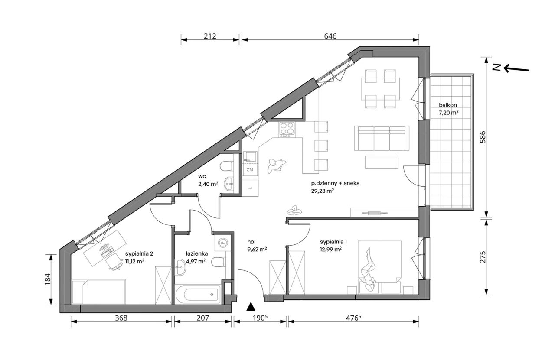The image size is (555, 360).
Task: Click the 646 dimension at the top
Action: click(330, 36)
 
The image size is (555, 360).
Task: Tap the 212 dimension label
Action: click(210, 36)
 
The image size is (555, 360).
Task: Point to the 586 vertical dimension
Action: click(483, 137)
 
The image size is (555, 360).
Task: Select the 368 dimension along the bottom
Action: click(121, 318)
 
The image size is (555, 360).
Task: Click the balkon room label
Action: click(448, 105)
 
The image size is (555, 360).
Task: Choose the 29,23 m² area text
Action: click(322, 191)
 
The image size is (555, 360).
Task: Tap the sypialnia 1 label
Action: click(333, 242)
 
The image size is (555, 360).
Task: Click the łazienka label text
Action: click(197, 253)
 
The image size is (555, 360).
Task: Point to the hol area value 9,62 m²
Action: click(257, 250)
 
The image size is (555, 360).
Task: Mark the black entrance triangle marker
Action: click(251, 307)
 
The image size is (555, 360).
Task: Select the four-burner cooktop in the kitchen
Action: click(287, 130)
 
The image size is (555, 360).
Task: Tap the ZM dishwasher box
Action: click(250, 169)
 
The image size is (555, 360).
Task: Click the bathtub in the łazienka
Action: click(197, 294)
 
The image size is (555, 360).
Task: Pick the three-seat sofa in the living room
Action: click(382, 138)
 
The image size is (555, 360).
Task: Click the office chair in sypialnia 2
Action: click(114, 262)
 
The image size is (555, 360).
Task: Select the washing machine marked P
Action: click(222, 243)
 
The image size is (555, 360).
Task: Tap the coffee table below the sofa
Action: click(382, 162)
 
